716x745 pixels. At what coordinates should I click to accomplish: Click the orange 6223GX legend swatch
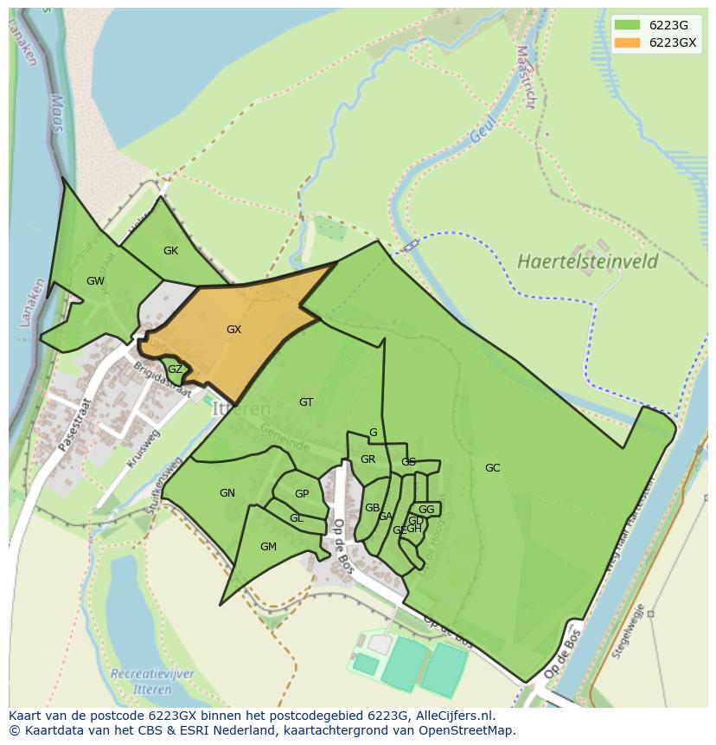pyautogui.click(x=628, y=42)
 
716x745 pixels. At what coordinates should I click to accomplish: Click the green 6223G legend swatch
pyautogui.click(x=628, y=25)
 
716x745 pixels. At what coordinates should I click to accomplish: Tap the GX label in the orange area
pyautogui.click(x=233, y=330)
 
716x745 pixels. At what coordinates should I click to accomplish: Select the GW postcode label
pyautogui.click(x=95, y=281)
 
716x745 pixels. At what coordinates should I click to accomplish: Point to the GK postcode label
pyautogui.click(x=170, y=251)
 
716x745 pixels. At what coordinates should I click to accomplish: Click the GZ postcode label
pyautogui.click(x=175, y=369)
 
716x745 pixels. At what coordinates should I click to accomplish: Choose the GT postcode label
pyautogui.click(x=306, y=402)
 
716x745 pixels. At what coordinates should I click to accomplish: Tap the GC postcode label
pyautogui.click(x=492, y=468)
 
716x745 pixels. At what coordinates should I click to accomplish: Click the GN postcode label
pyautogui.click(x=227, y=493)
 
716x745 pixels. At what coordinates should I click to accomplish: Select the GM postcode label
pyautogui.click(x=268, y=547)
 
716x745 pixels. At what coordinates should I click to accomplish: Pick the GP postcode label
pyautogui.click(x=302, y=494)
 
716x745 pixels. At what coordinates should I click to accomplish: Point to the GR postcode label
pyautogui.click(x=368, y=459)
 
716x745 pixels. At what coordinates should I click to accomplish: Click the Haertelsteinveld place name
pyautogui.click(x=588, y=261)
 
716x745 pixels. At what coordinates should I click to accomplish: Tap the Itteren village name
pyautogui.click(x=241, y=408)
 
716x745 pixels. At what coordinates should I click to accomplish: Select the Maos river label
pyautogui.click(x=57, y=113)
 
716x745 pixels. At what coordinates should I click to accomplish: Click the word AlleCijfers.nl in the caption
pyautogui.click(x=453, y=716)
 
